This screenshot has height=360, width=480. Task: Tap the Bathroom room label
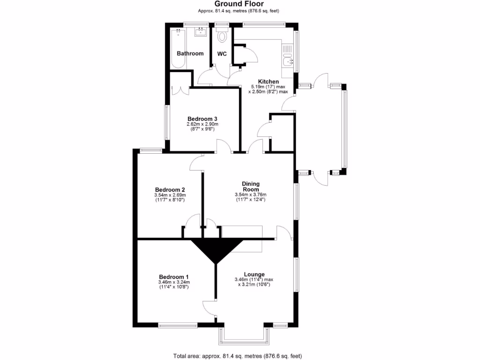point(190,53)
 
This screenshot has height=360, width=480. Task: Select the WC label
point(222,54)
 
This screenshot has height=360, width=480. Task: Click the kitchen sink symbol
point(287,60)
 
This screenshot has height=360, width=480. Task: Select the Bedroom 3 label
point(202,119)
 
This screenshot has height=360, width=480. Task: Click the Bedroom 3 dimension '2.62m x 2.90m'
point(202,124)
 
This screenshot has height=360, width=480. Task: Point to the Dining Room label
point(250,187)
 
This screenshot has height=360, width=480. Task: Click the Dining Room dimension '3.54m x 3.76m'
point(250,195)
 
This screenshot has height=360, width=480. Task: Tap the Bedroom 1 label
point(173,277)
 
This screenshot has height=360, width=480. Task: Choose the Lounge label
point(254,274)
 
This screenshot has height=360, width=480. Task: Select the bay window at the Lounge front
point(244,334)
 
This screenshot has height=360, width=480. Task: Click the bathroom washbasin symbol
point(201,31)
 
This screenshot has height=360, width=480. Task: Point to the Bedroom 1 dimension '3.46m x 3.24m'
point(173,282)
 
